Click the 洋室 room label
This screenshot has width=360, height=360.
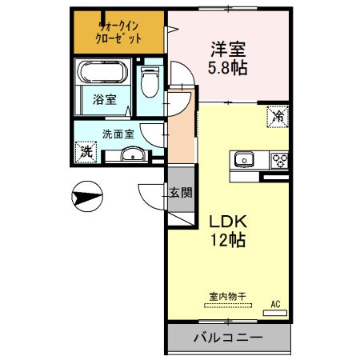(228, 49)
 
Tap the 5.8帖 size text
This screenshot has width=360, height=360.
(228, 67)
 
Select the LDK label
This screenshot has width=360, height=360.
(227, 220)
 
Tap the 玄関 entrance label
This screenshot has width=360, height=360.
(180, 192)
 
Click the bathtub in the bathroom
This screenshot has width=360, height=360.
(102, 75)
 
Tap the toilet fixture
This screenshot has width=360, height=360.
(150, 82)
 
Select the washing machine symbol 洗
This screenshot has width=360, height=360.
(86, 150)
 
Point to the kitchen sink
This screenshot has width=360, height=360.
(244, 158)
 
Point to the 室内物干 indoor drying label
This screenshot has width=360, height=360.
(227, 296)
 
